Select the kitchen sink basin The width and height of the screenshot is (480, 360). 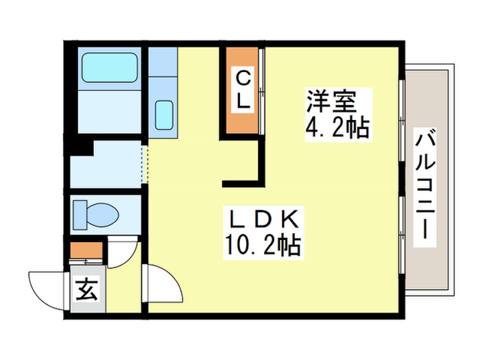pos(163,114)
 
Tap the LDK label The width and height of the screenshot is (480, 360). pos(262,221)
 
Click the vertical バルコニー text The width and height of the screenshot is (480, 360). pos(425,184)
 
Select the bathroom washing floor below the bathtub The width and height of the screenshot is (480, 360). pos(108,112)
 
